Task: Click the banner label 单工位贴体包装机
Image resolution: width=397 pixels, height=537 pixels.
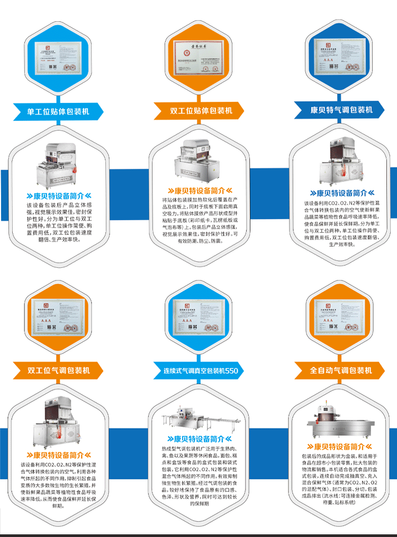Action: [58, 112]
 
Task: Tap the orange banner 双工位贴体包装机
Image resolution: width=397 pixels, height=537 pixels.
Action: [201, 111]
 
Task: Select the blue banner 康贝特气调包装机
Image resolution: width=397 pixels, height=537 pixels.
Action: [341, 110]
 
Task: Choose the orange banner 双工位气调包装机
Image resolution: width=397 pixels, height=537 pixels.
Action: [58, 370]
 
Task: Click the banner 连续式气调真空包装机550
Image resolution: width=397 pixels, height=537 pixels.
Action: [201, 371]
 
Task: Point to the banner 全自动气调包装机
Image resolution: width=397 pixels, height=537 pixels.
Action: [341, 370]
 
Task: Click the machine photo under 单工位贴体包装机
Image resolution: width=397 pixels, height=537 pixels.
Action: [58, 164]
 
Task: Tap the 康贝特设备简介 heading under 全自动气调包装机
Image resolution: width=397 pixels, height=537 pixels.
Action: [341, 446]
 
